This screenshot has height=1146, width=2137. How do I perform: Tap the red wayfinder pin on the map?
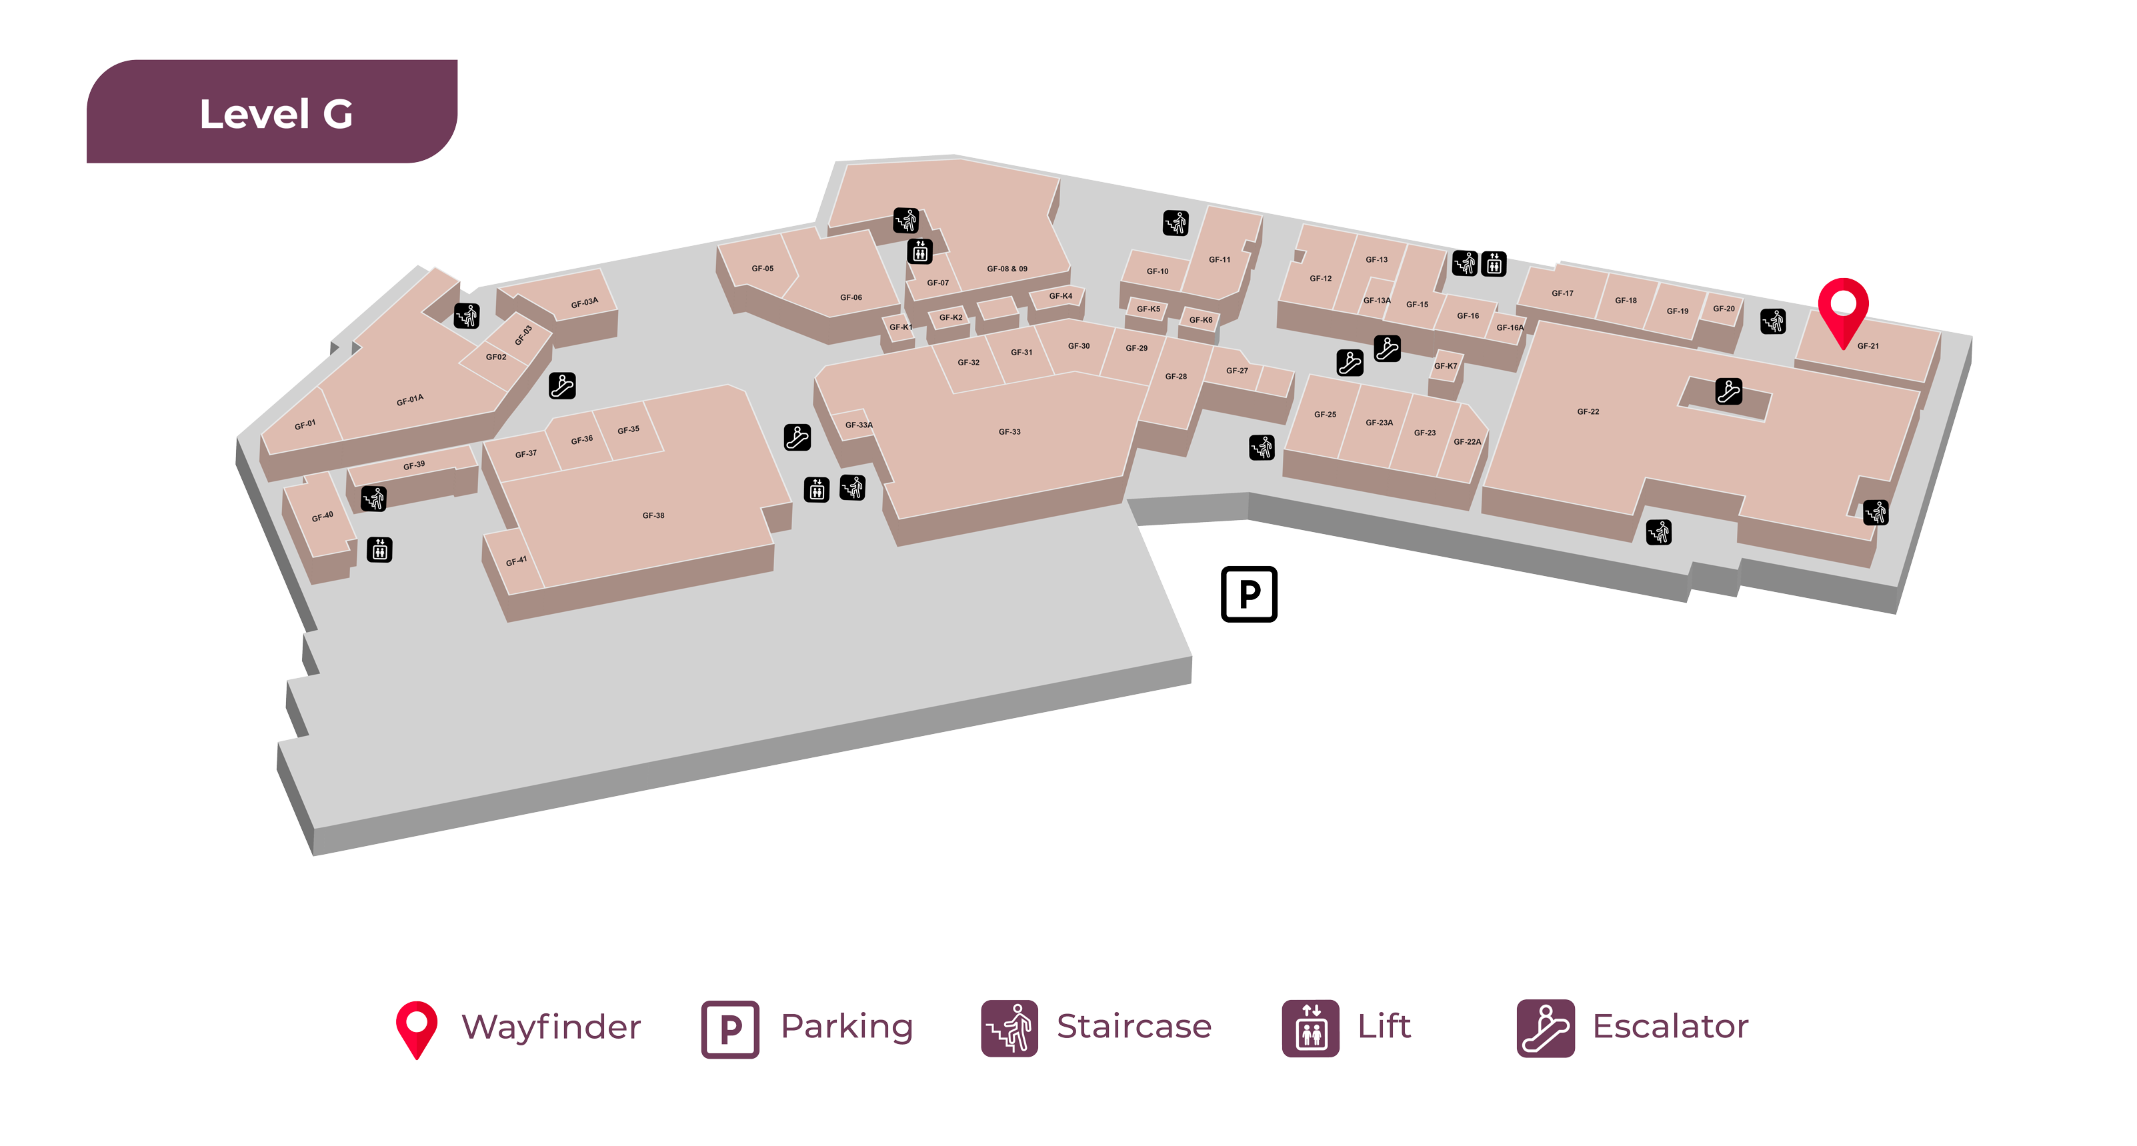point(1842,307)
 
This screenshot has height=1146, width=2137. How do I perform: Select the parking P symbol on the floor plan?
point(1248,594)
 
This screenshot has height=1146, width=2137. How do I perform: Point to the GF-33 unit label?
point(1009,432)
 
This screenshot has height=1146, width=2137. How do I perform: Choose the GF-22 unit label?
point(1588,412)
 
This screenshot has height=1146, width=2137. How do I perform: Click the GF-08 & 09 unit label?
point(1006,269)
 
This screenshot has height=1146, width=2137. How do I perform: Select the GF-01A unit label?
point(410,400)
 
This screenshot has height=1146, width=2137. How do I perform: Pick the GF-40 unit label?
point(322,516)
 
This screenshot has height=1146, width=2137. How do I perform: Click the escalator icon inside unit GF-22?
point(1728,391)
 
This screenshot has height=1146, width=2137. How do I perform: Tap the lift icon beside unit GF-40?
point(380,550)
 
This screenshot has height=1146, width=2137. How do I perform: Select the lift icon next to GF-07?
point(919,251)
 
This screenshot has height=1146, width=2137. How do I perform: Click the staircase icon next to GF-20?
point(1773,321)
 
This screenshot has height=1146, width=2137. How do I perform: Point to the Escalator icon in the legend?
point(1545,1028)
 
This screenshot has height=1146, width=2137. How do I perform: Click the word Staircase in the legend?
point(1134,1027)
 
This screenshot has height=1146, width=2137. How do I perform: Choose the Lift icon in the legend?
point(1310,1028)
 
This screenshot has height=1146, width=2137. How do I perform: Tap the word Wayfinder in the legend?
point(551,1027)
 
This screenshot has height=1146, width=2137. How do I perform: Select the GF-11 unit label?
point(1219,259)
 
